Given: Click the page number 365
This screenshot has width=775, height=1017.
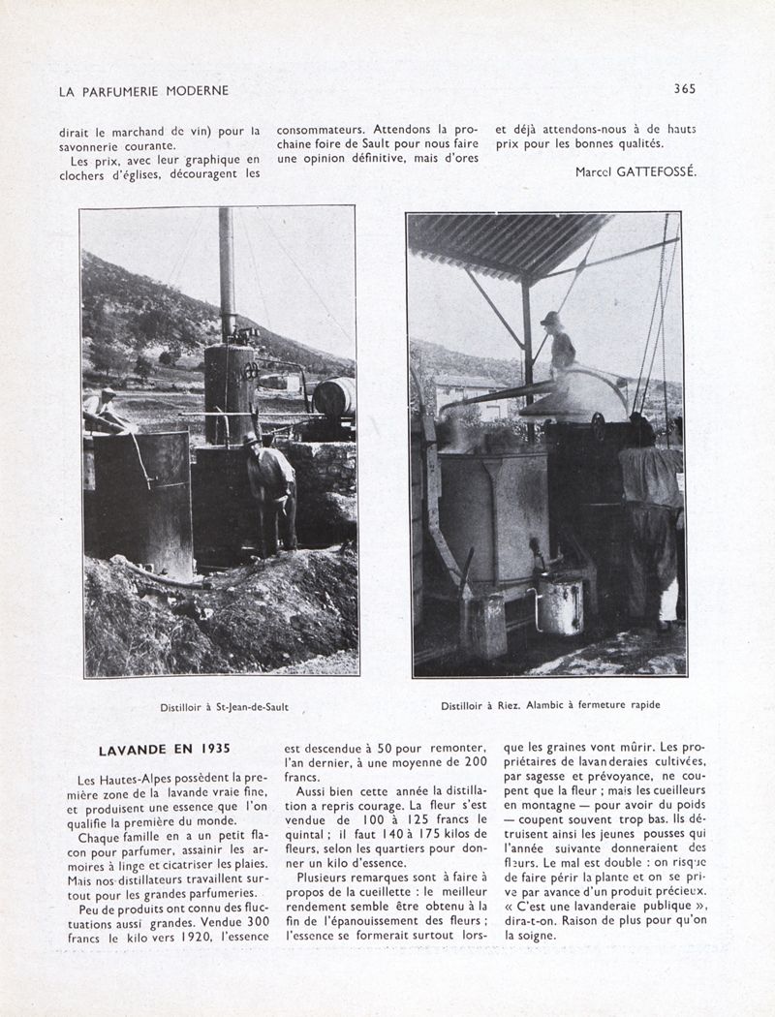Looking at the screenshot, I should (x=685, y=89).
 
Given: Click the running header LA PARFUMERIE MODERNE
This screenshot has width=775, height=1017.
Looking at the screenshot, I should (x=143, y=91).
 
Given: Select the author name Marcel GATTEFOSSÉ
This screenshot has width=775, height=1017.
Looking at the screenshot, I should (x=635, y=171).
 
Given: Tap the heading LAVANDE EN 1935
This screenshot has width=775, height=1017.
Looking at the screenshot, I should (x=164, y=749).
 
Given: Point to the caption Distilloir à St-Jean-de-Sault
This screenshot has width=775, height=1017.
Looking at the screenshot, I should (x=224, y=707).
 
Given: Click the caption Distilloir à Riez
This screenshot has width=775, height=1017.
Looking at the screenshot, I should (x=480, y=705).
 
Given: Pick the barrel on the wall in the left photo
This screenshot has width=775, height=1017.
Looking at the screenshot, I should (x=334, y=397).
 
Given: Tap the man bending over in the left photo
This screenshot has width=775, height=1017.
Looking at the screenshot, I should (x=271, y=484).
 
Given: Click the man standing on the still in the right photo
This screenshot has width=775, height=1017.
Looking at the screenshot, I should (x=559, y=344).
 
